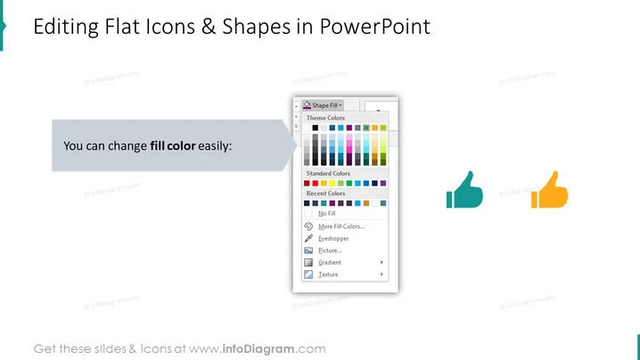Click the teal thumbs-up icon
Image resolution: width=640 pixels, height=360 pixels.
465,191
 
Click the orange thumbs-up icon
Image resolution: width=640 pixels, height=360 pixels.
549,191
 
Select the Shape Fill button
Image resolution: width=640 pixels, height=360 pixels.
323,105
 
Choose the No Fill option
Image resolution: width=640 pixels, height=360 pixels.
326,214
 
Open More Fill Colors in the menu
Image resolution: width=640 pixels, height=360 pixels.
341,226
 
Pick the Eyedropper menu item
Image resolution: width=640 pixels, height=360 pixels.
333,239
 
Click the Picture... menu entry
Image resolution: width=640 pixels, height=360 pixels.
330,250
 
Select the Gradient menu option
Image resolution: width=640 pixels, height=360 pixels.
330,263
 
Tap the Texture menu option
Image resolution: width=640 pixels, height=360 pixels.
328,274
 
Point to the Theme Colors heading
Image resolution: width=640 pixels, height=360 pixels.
325,118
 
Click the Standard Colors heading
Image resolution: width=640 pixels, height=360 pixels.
328,174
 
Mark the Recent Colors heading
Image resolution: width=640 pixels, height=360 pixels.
325,193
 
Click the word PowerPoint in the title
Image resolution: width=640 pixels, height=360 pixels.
374,27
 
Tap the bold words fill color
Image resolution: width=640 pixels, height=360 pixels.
173,146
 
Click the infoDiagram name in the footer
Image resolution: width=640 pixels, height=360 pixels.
258,349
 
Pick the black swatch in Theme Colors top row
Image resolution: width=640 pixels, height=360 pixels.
316,127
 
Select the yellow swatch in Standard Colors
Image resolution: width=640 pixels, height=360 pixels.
332,184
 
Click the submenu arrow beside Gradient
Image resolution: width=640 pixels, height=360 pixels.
382,263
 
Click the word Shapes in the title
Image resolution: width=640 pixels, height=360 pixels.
256,27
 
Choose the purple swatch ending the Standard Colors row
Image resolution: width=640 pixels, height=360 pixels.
383,184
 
